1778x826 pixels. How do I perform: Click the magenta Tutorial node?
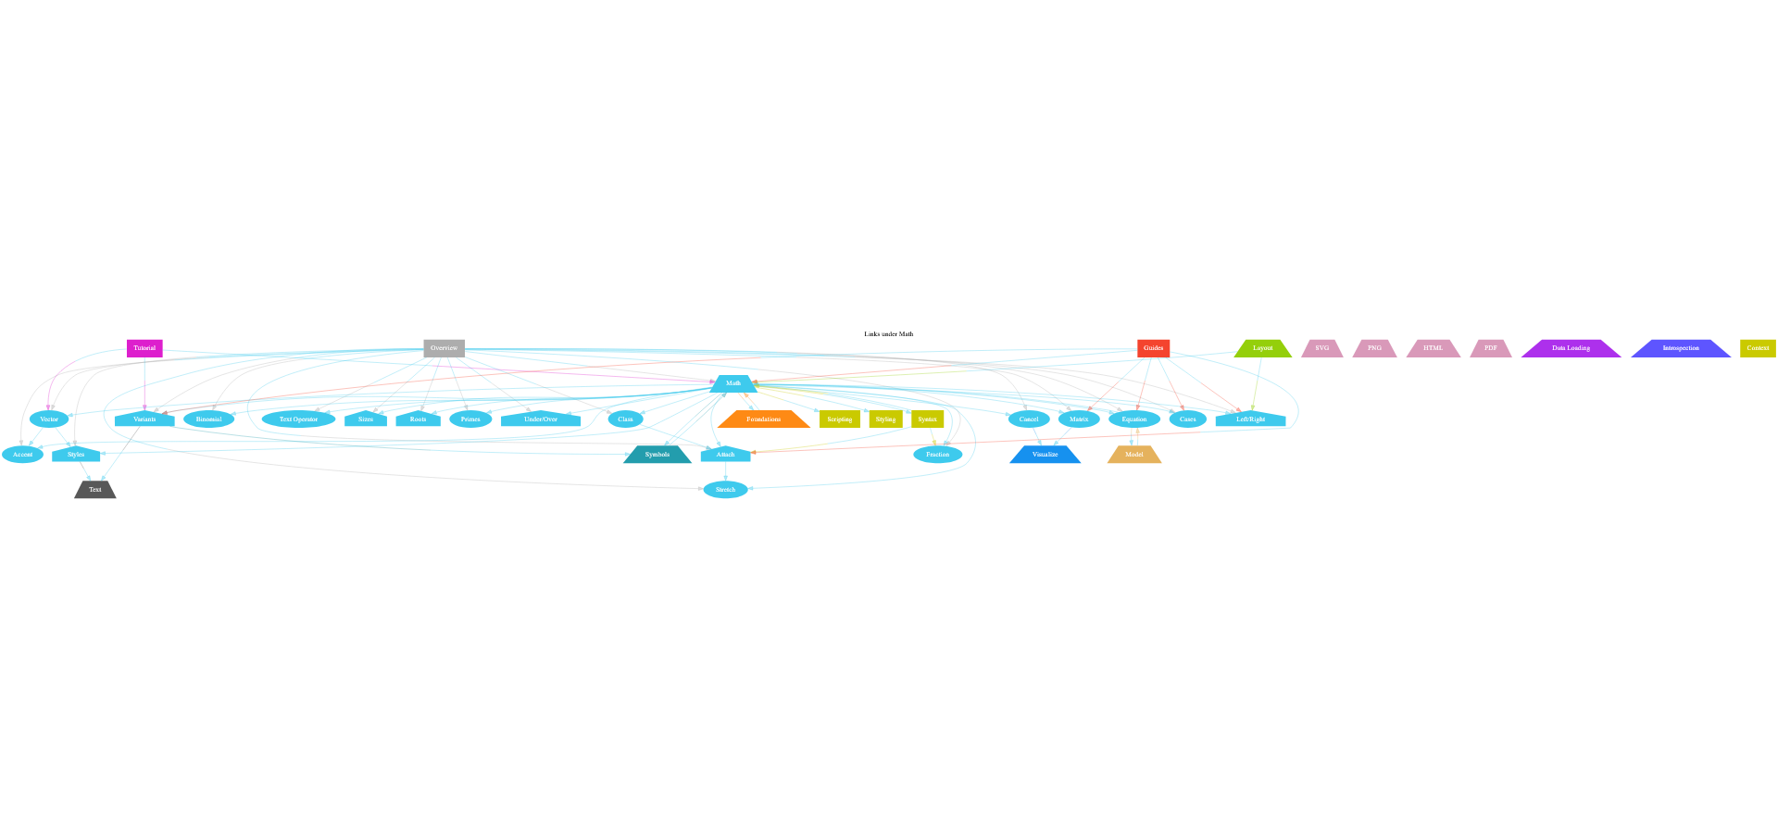144,348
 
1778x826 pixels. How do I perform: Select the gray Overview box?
444,348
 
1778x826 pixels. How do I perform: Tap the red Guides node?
1153,348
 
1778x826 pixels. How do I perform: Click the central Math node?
733,383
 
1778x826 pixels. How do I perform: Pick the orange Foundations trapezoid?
763,419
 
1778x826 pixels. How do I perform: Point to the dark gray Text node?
95,490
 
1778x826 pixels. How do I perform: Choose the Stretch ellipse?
725,490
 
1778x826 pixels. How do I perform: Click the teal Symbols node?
657,455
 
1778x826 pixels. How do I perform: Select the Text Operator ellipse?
298,419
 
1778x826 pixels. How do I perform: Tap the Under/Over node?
541,419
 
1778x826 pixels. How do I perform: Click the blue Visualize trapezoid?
1045,455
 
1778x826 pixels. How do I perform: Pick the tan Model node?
1134,455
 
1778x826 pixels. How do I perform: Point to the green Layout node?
1262,348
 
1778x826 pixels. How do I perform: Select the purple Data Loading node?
1571,348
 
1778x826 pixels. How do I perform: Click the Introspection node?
1681,348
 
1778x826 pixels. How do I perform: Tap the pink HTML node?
1433,348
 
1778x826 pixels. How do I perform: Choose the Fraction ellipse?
937,455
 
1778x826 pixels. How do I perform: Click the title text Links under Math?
888,334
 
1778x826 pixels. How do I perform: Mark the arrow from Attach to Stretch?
725,471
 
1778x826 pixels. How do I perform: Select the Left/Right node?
1250,419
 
